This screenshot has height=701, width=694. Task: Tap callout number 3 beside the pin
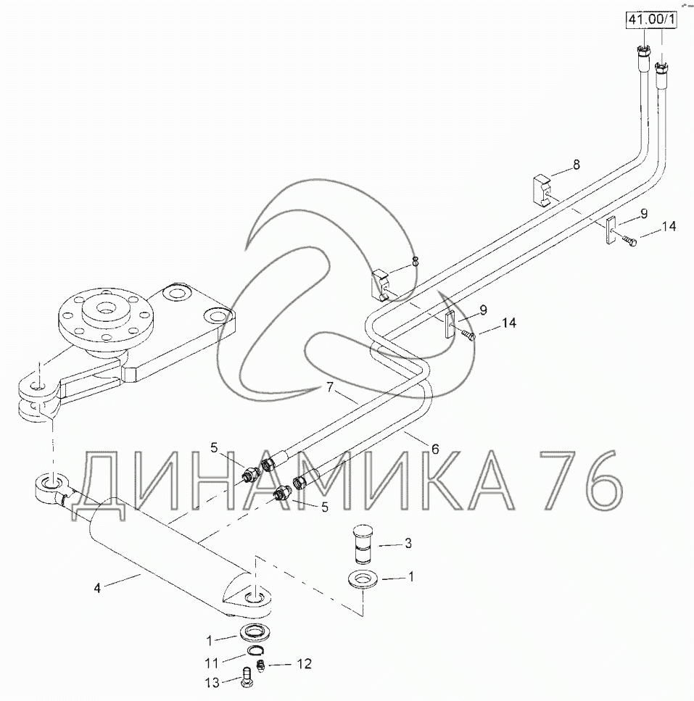408,544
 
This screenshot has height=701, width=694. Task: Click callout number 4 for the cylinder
97,589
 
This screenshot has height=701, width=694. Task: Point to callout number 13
212,682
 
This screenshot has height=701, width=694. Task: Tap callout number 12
304,664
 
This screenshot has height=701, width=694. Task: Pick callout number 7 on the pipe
330,387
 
